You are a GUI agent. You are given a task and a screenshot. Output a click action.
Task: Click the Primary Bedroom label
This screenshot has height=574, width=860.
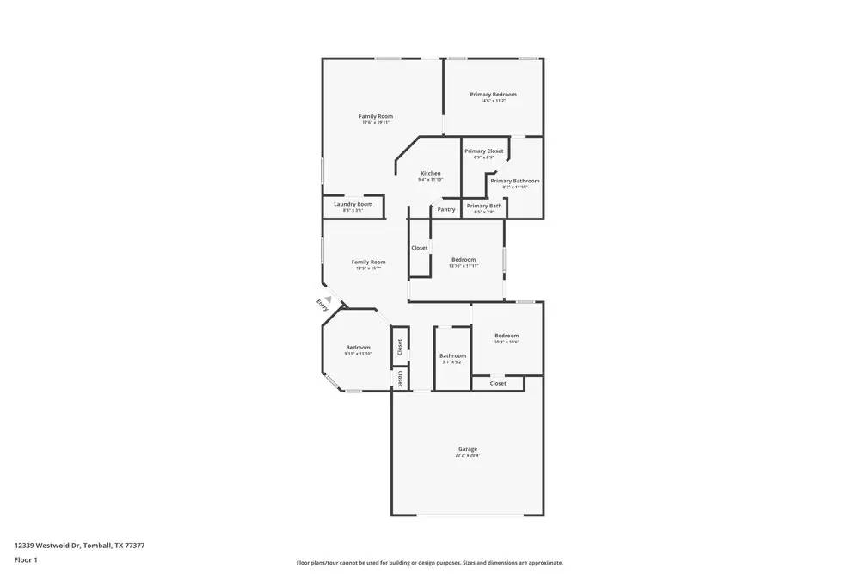pos(493,94)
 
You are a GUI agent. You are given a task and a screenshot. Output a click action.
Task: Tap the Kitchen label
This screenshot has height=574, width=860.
pos(430,173)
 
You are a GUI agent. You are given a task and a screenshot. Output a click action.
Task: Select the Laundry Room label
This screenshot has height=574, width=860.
pos(353,204)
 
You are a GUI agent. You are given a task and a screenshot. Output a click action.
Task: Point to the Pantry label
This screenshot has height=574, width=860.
pos(446,209)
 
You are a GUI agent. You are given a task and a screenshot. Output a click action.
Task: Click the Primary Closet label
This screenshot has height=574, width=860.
pos(484,151)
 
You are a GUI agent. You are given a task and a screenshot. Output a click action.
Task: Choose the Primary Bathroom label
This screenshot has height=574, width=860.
pos(515,181)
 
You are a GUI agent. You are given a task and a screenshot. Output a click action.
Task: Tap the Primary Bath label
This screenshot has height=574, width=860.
pos(484,206)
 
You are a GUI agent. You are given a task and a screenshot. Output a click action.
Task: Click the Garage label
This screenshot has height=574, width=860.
pos(468,448)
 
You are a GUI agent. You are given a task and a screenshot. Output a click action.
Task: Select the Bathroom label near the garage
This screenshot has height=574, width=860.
pos(452,355)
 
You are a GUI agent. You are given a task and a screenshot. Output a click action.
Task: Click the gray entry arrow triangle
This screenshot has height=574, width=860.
pos(328,299)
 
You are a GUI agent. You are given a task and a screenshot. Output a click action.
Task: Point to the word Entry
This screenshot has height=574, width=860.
pos(322,305)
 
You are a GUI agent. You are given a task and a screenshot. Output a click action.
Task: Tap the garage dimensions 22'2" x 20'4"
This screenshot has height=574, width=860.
pos(468,455)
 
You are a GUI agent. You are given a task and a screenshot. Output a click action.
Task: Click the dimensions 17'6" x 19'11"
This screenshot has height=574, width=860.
pos(376,123)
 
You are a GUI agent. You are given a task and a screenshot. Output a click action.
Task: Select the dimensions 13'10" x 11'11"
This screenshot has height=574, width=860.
pos(464,266)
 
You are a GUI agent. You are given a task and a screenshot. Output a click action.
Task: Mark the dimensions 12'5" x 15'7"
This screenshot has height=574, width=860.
pos(368,268)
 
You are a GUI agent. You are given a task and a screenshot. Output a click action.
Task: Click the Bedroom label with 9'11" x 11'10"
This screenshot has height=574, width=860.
pos(358,347)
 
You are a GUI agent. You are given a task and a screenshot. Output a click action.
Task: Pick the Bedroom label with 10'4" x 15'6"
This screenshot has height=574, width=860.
pos(507,336)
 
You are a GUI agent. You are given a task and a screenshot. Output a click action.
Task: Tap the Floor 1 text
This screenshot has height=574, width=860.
pos(26,559)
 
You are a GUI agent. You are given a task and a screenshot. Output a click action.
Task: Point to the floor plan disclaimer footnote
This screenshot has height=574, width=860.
pos(430,563)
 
